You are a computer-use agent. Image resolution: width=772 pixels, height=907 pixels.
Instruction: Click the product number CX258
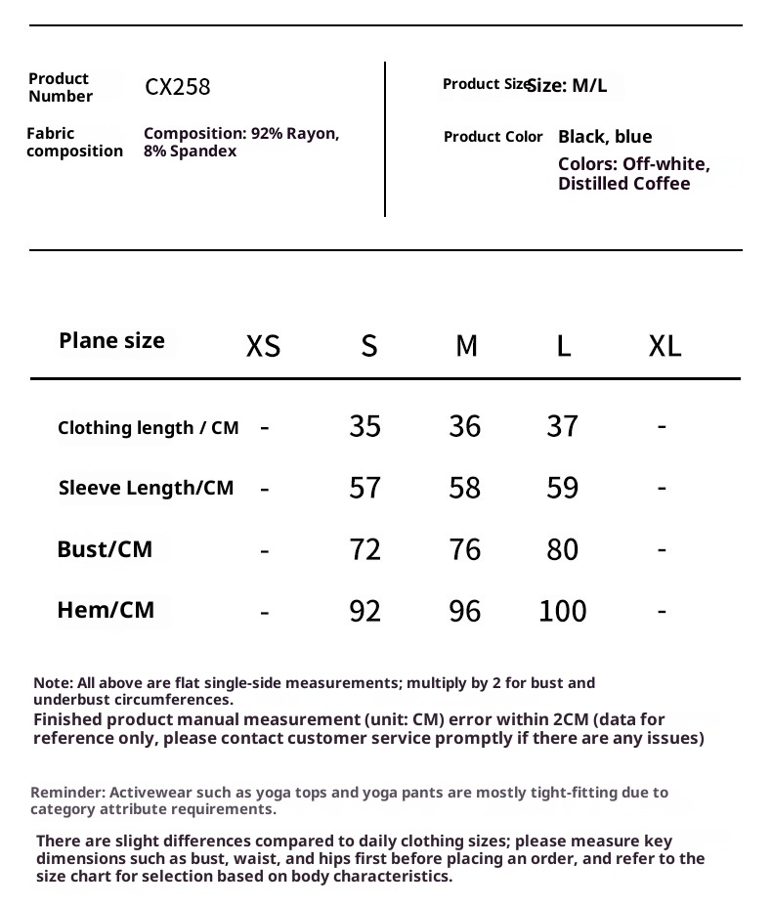click(x=177, y=87)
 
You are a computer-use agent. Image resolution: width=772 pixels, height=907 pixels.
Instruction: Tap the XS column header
click(x=263, y=346)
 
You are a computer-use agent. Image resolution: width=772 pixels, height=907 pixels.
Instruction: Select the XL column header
click(x=665, y=346)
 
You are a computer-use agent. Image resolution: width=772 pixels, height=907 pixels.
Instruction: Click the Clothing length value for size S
click(x=365, y=426)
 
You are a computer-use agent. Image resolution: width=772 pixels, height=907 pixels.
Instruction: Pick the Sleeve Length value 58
click(x=464, y=488)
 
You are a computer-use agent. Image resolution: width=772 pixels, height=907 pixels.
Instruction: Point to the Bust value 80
click(x=562, y=549)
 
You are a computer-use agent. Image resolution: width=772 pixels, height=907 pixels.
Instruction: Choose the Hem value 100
click(x=562, y=611)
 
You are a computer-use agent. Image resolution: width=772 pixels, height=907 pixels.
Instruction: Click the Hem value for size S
click(x=365, y=611)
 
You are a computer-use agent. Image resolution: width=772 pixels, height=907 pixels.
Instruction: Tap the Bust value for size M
click(x=464, y=549)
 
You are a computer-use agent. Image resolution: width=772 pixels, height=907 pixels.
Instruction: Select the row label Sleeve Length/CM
click(x=146, y=488)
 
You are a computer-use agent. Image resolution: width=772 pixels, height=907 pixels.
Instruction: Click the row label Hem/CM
click(x=106, y=611)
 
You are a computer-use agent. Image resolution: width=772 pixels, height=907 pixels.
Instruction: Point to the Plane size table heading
click(x=111, y=341)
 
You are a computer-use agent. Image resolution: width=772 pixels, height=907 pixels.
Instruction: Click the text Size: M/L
click(x=567, y=86)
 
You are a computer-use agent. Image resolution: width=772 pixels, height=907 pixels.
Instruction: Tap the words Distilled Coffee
click(x=623, y=184)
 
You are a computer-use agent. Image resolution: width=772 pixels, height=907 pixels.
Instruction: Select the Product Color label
click(x=493, y=137)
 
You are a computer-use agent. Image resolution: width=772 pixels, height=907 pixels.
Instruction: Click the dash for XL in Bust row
click(x=662, y=548)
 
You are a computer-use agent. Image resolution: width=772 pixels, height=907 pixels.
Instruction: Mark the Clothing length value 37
click(x=562, y=426)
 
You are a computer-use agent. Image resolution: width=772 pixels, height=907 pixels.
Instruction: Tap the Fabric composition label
click(x=74, y=143)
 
